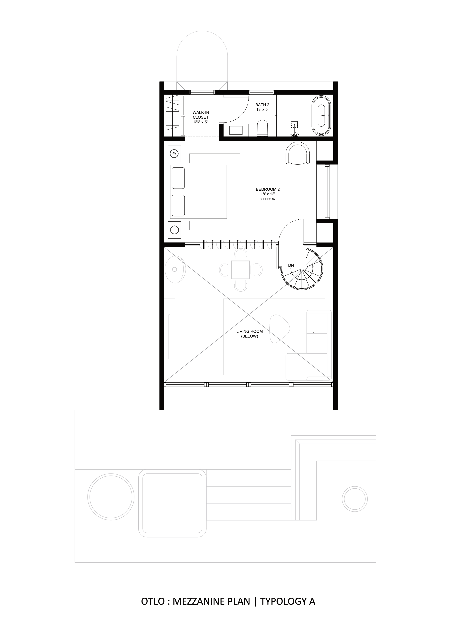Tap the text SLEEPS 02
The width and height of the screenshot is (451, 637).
pyautogui.click(x=267, y=199)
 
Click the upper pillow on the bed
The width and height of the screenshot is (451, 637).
pyautogui.click(x=178, y=178)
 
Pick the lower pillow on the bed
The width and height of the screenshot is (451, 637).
pyautogui.click(x=178, y=206)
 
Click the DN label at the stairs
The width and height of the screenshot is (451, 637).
pyautogui.click(x=291, y=266)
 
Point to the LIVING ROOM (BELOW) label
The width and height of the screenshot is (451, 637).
pyautogui.click(x=249, y=334)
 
